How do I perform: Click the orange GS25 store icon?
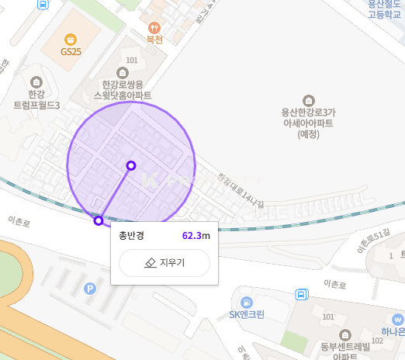click(x=71, y=39)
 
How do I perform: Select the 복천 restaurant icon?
click(x=154, y=26)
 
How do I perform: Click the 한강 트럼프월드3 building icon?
click(x=36, y=81)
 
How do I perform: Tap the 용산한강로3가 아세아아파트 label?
click(x=308, y=123)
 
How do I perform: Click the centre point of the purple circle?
click(x=131, y=165)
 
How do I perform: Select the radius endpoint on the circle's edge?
click(x=99, y=221)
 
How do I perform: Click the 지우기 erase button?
click(x=164, y=263)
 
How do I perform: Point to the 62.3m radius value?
click(x=196, y=235)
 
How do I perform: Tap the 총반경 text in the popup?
click(x=131, y=235)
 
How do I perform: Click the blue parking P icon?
click(x=89, y=289)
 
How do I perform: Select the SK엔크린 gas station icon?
click(x=247, y=302)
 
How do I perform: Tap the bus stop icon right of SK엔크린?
click(x=300, y=295)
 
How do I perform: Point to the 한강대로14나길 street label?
click(x=241, y=190)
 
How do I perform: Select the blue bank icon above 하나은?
click(x=398, y=320)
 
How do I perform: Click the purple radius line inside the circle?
click(x=115, y=193)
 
